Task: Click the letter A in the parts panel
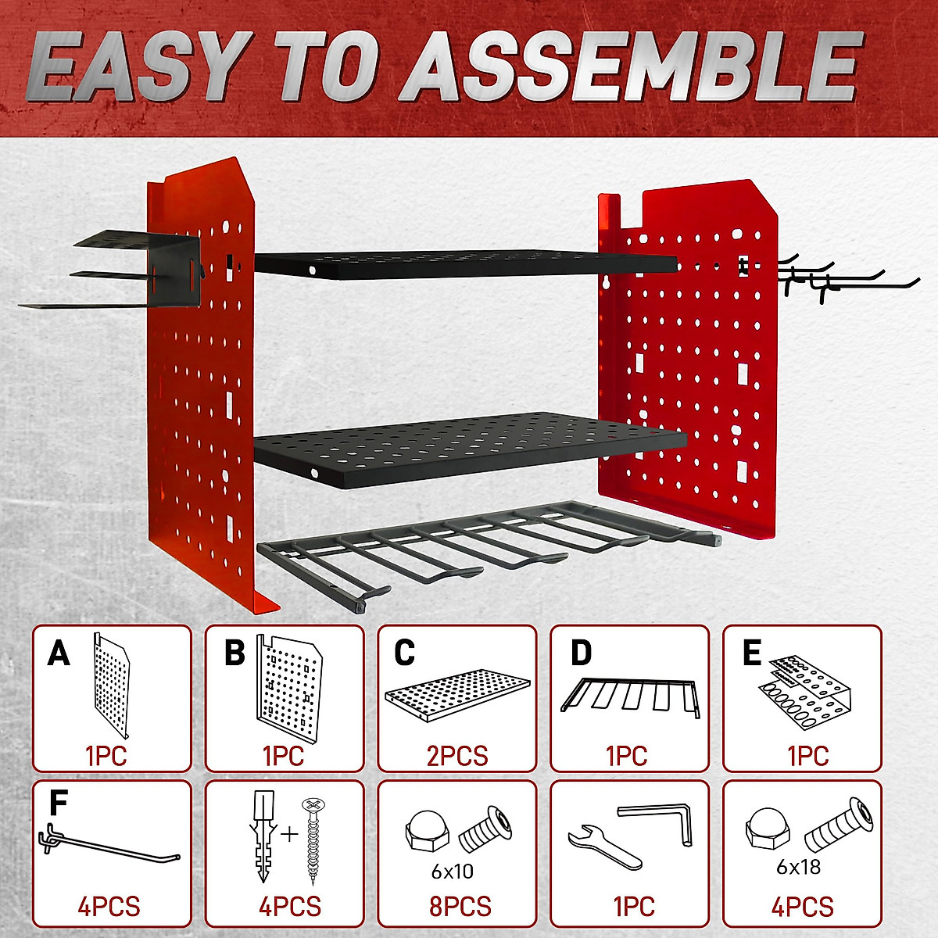[59, 653]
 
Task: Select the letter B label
[234, 653]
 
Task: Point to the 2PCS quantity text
[457, 756]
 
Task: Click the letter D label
[581, 653]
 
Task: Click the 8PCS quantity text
[460, 907]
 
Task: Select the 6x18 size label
[798, 866]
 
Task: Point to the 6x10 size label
[452, 871]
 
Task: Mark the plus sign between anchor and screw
[289, 834]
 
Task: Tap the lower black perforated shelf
[469, 449]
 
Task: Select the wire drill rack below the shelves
[485, 547]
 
